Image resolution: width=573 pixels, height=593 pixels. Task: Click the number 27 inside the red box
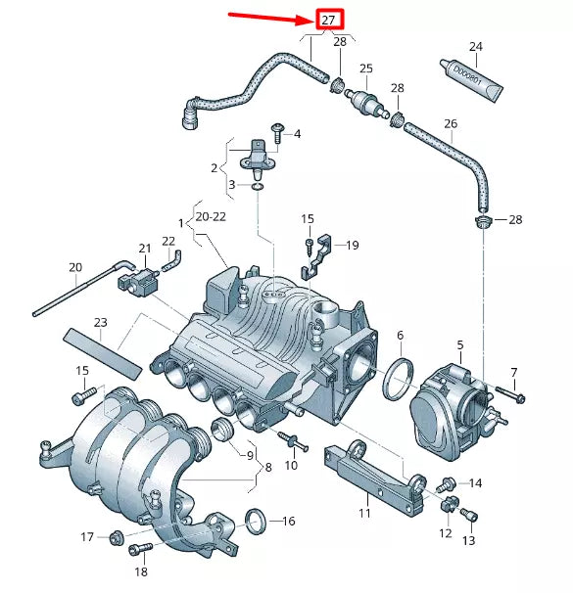(x=328, y=20)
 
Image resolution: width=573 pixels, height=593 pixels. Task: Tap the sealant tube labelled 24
(x=474, y=79)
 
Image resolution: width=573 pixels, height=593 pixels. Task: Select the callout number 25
(x=366, y=68)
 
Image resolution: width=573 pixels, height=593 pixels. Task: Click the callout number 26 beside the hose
(x=451, y=124)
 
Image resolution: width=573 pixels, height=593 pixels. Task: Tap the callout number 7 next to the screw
(x=512, y=373)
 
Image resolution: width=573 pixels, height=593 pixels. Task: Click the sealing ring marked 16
(x=255, y=522)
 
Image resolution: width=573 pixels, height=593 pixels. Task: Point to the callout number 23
(x=100, y=322)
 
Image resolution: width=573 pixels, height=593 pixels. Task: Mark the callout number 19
(x=352, y=245)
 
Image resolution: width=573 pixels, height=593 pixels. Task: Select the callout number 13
(x=467, y=540)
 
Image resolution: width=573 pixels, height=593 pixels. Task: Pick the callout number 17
(x=86, y=536)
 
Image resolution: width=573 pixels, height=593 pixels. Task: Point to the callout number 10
(x=291, y=465)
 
